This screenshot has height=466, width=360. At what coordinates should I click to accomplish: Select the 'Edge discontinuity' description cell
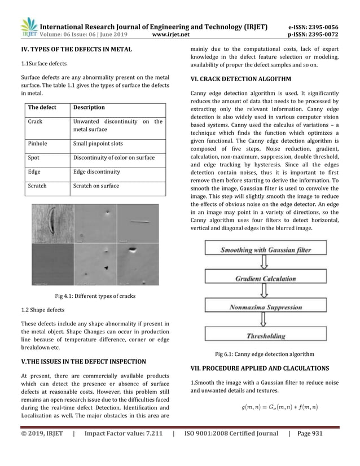click(96, 172)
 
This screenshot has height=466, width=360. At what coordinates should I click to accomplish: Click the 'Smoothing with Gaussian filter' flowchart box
click(265, 249)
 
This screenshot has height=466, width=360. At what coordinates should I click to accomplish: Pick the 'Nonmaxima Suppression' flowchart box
click(265, 307)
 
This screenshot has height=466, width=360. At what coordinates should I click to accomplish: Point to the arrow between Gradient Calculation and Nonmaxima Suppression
click(264, 293)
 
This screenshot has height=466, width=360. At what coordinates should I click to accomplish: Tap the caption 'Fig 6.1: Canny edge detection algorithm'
click(265, 354)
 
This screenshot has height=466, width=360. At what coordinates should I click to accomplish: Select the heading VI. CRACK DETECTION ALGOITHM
click(240, 79)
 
